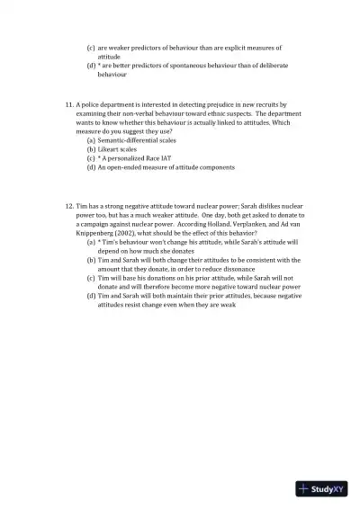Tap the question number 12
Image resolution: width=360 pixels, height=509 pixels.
point(70,206)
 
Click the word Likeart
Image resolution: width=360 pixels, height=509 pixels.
point(109,149)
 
